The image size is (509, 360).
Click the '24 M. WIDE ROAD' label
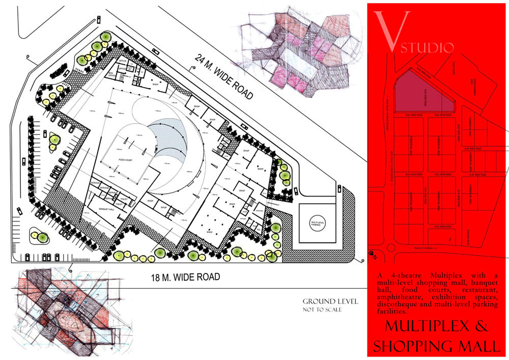point(224,76)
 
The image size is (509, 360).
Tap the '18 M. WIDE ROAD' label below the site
point(185,278)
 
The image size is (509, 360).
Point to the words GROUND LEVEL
point(330,301)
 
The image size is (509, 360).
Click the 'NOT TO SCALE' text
point(322,310)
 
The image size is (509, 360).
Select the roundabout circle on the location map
point(391,248)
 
